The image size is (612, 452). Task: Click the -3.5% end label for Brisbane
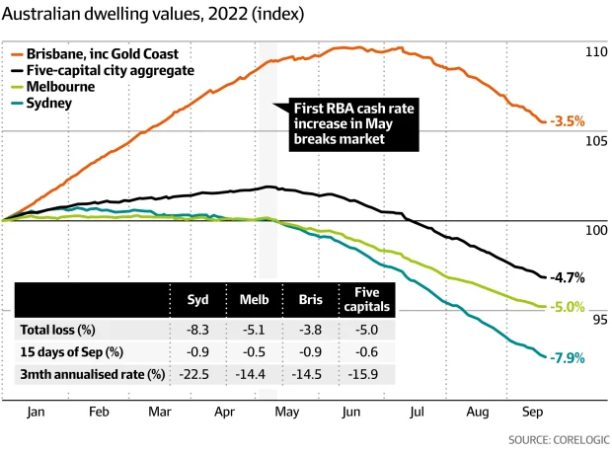click(x=568, y=121)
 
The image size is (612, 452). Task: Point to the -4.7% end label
click(x=569, y=277)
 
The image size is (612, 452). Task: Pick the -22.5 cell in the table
click(x=197, y=374)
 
